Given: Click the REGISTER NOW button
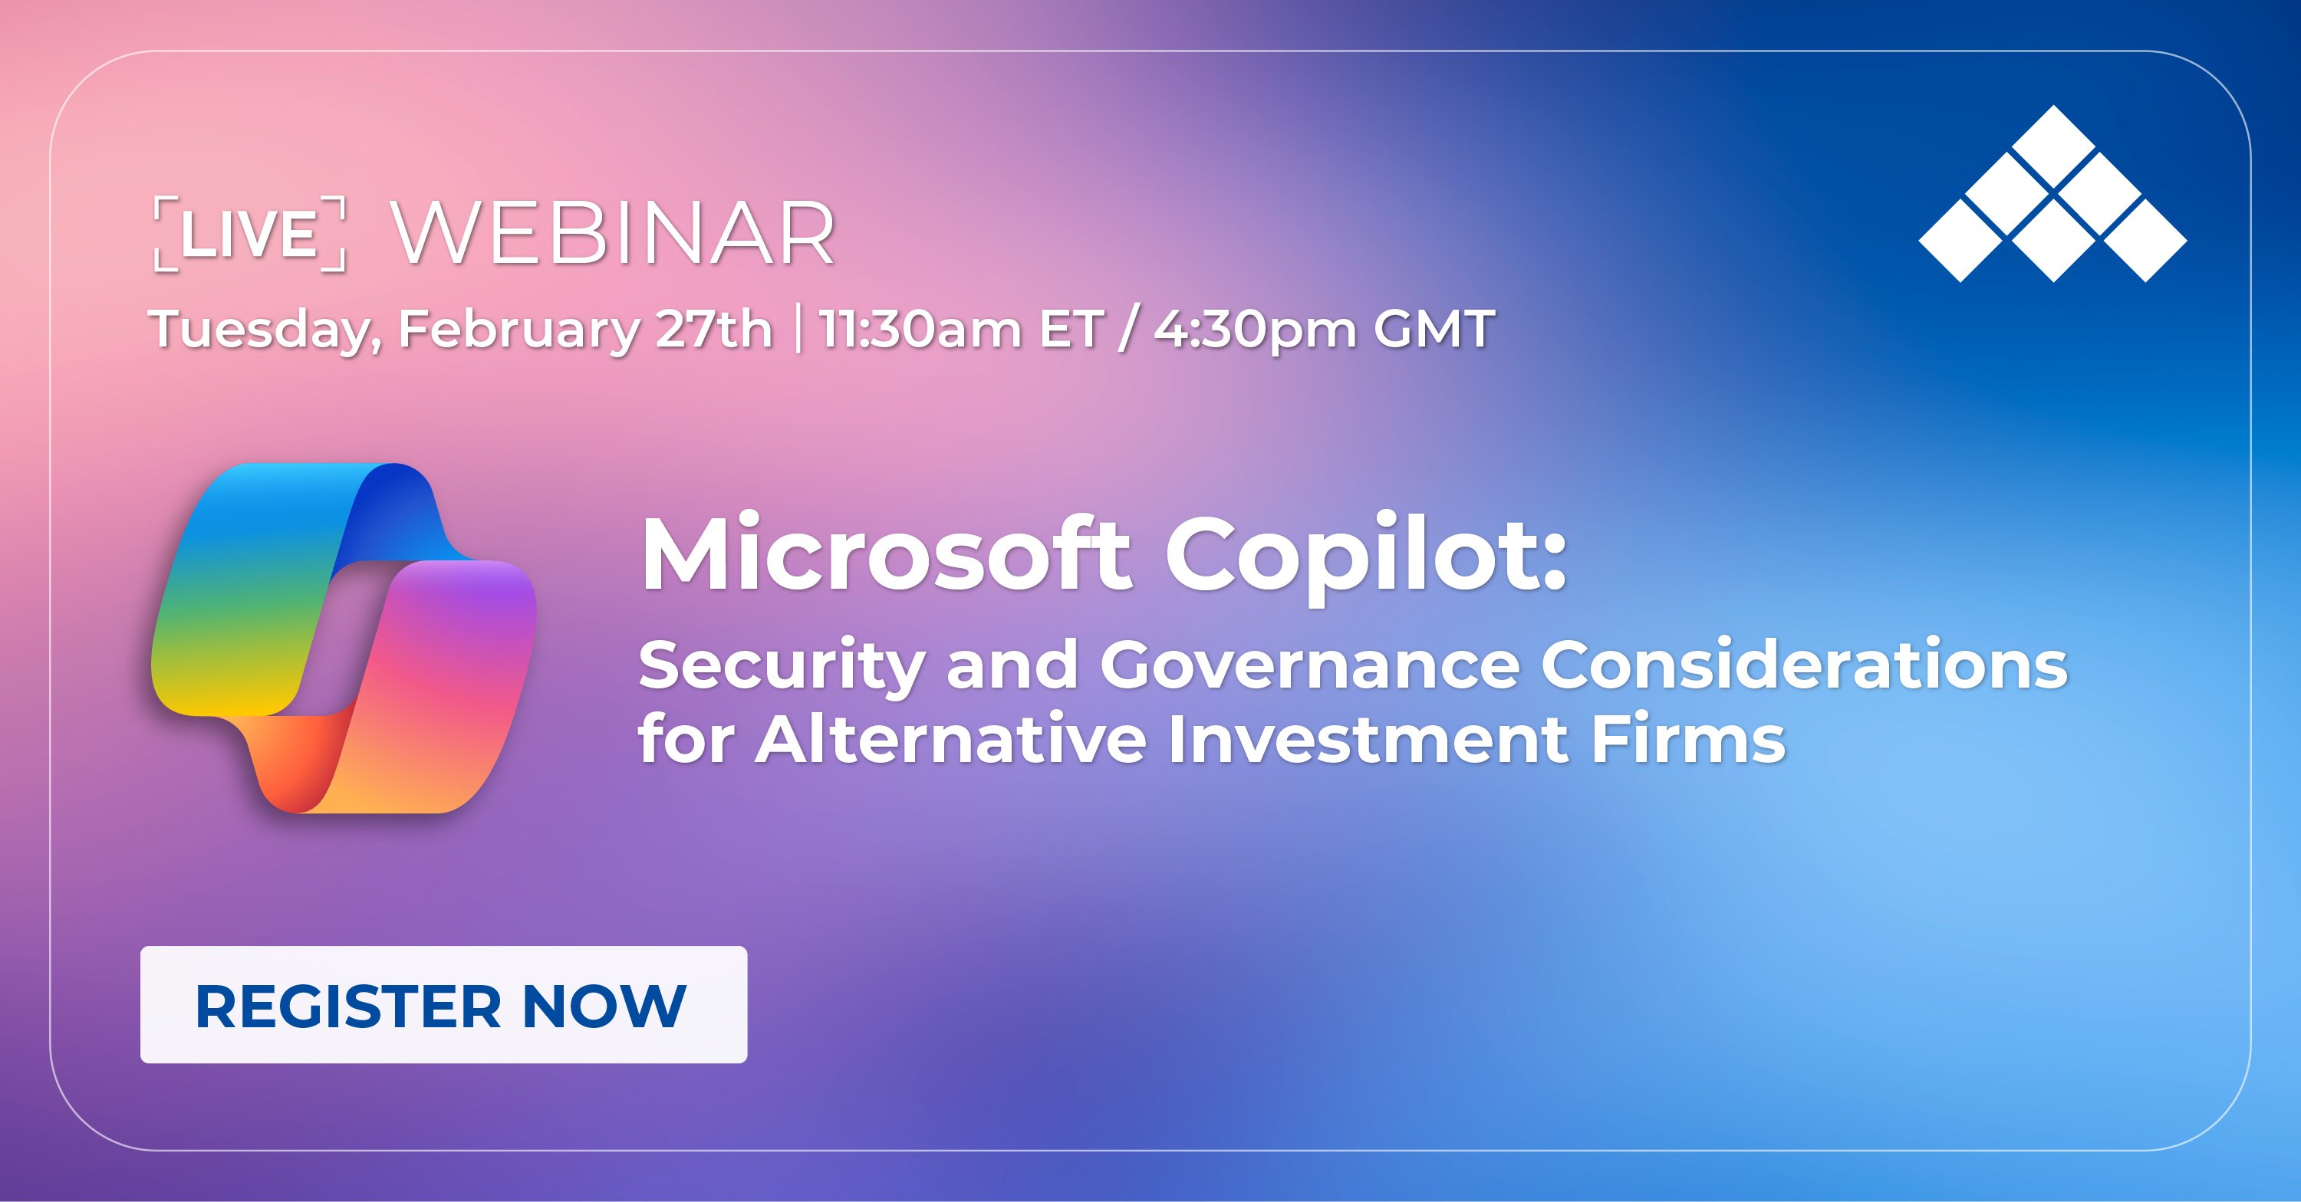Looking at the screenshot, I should point(443,1005).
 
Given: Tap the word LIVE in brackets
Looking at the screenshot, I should point(249,234).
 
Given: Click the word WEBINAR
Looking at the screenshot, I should point(613,234).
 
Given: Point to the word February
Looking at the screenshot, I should point(518,330).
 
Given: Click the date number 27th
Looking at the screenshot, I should point(713,328).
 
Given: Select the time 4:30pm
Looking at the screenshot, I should point(1255,330).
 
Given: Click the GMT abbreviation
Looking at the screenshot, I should point(1434,328).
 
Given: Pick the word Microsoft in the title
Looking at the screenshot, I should point(885,553).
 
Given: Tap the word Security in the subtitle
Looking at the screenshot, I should point(782,666).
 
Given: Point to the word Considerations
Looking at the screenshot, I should point(1803,665).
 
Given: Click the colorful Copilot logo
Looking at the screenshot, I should point(343,638).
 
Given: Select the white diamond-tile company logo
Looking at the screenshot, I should point(2052,194).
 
